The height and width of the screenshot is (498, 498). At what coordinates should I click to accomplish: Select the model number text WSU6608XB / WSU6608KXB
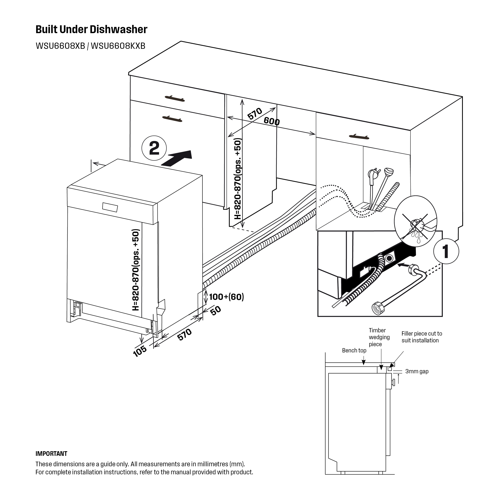[91, 46]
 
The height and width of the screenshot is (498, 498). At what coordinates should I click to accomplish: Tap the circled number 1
[446, 251]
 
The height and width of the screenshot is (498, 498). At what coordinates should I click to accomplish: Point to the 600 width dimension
[272, 121]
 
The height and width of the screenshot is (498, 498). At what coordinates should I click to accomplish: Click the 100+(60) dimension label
[226, 297]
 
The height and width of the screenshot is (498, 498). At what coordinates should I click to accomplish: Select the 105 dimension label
[140, 351]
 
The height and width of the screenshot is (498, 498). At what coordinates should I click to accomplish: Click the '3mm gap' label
[417, 371]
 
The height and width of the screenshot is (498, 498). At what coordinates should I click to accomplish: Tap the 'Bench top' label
[354, 351]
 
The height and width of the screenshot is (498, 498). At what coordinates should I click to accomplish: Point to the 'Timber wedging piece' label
[379, 337]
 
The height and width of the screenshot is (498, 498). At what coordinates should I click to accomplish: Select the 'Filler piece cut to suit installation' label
[422, 337]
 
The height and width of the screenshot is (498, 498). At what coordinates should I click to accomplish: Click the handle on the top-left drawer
[175, 98]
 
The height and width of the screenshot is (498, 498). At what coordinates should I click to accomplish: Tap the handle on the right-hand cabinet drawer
[359, 136]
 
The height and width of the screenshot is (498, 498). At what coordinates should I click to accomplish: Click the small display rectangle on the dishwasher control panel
[110, 207]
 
